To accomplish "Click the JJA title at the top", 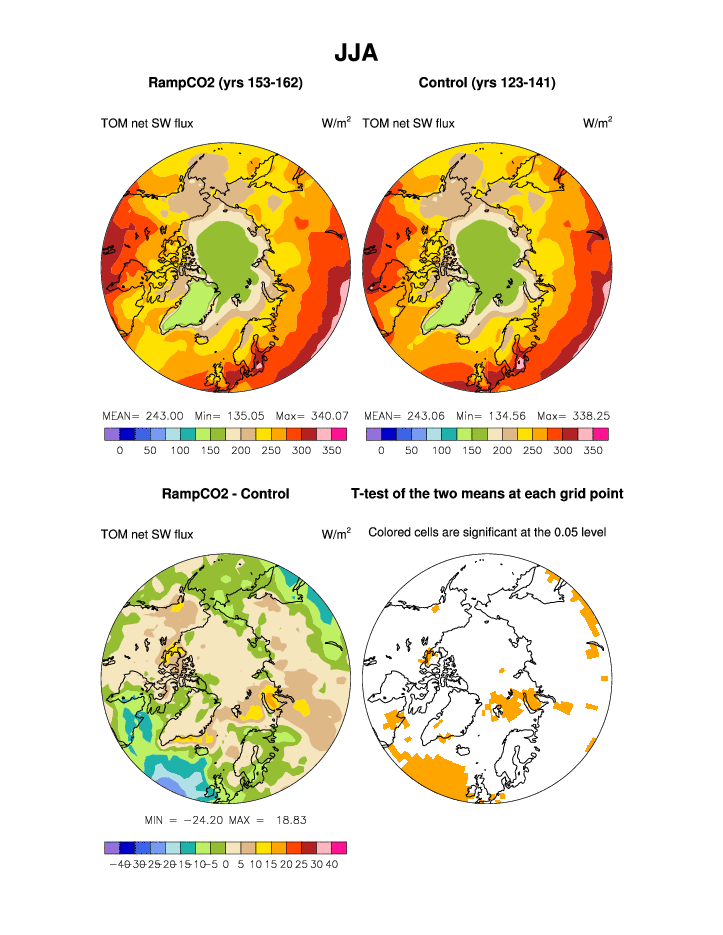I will pyautogui.click(x=356, y=53).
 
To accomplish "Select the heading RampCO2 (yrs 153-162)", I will pyautogui.click(x=225, y=82).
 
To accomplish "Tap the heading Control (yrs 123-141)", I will pyautogui.click(x=487, y=82).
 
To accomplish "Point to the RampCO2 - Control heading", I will pyautogui.click(x=225, y=493).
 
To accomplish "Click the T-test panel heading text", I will pyautogui.click(x=487, y=493).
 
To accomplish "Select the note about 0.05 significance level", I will pyautogui.click(x=487, y=532).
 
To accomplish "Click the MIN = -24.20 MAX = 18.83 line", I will pyautogui.click(x=225, y=820).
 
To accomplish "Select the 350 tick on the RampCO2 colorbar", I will pyautogui.click(x=332, y=451).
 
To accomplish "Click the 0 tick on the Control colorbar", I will pyautogui.click(x=381, y=451).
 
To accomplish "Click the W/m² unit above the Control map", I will pyautogui.click(x=598, y=123).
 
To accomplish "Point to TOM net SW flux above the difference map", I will pyautogui.click(x=147, y=535).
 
